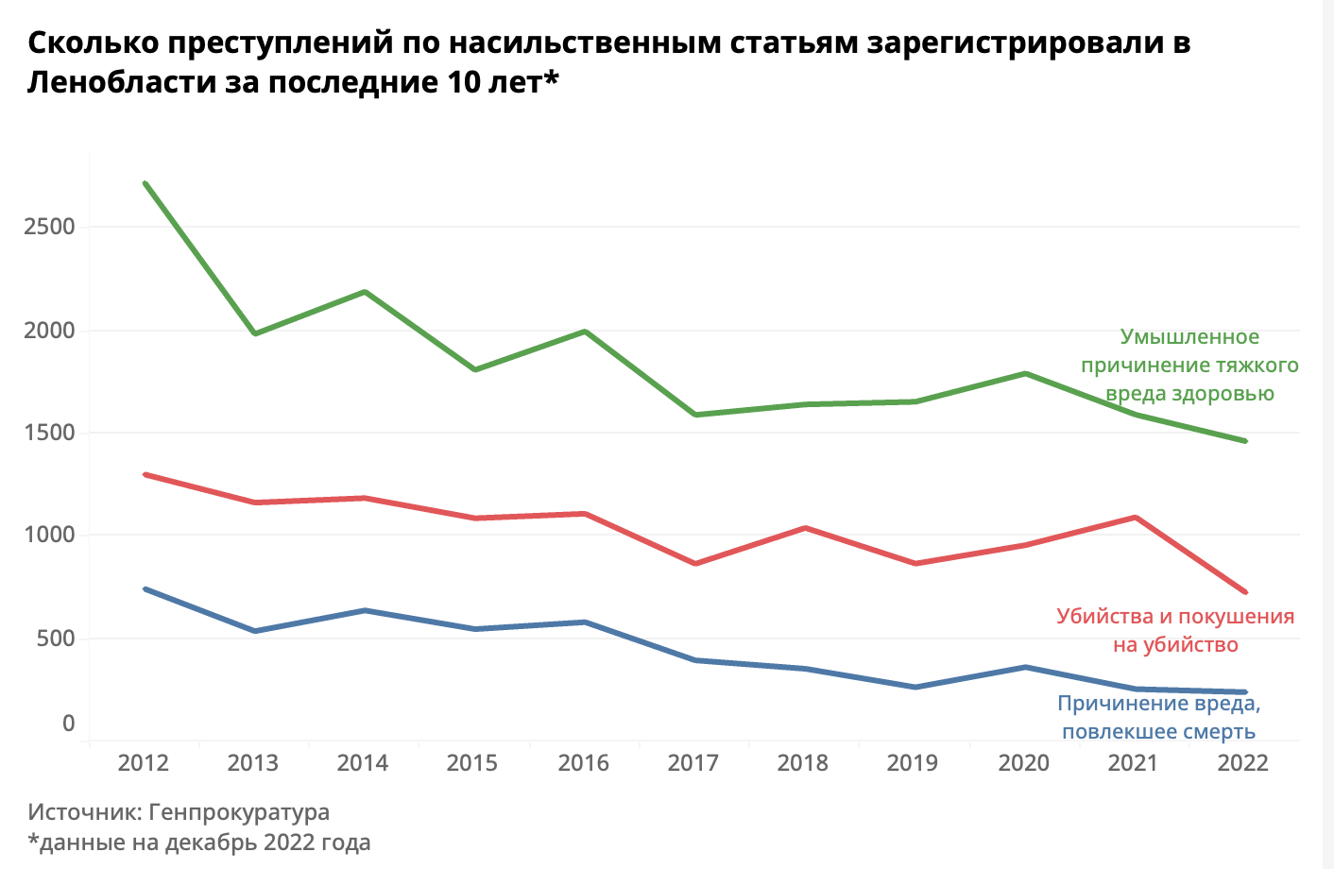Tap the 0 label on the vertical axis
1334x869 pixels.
(68, 724)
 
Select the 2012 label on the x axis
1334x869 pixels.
(144, 763)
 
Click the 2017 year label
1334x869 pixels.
(693, 763)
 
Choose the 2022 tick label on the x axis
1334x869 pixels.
(1243, 763)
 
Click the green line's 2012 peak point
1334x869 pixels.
(145, 183)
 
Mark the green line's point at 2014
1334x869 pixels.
(365, 292)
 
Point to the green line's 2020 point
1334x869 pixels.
(1025, 374)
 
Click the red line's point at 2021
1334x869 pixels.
(1135, 518)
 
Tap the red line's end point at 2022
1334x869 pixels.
(1245, 592)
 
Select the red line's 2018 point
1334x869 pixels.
(805, 528)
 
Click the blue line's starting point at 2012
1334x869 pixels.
(145, 589)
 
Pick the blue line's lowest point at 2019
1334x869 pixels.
(915, 687)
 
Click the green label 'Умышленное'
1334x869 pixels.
(1189, 337)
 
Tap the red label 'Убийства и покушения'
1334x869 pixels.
(1175, 617)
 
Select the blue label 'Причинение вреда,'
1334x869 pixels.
(1158, 704)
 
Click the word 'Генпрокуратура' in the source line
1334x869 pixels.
(239, 812)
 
